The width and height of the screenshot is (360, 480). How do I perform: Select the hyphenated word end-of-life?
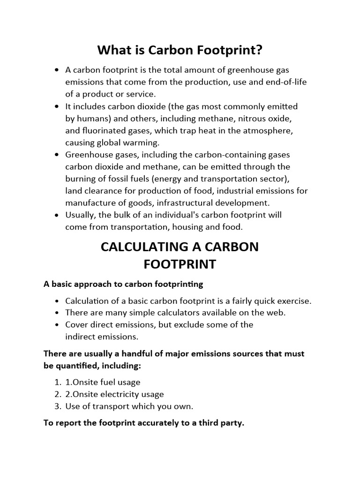[285, 82]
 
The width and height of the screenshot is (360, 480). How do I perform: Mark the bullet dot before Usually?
[57, 215]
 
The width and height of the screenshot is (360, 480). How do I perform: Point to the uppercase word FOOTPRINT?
[180, 264]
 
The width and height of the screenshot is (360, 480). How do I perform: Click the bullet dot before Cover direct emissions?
[57, 324]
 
